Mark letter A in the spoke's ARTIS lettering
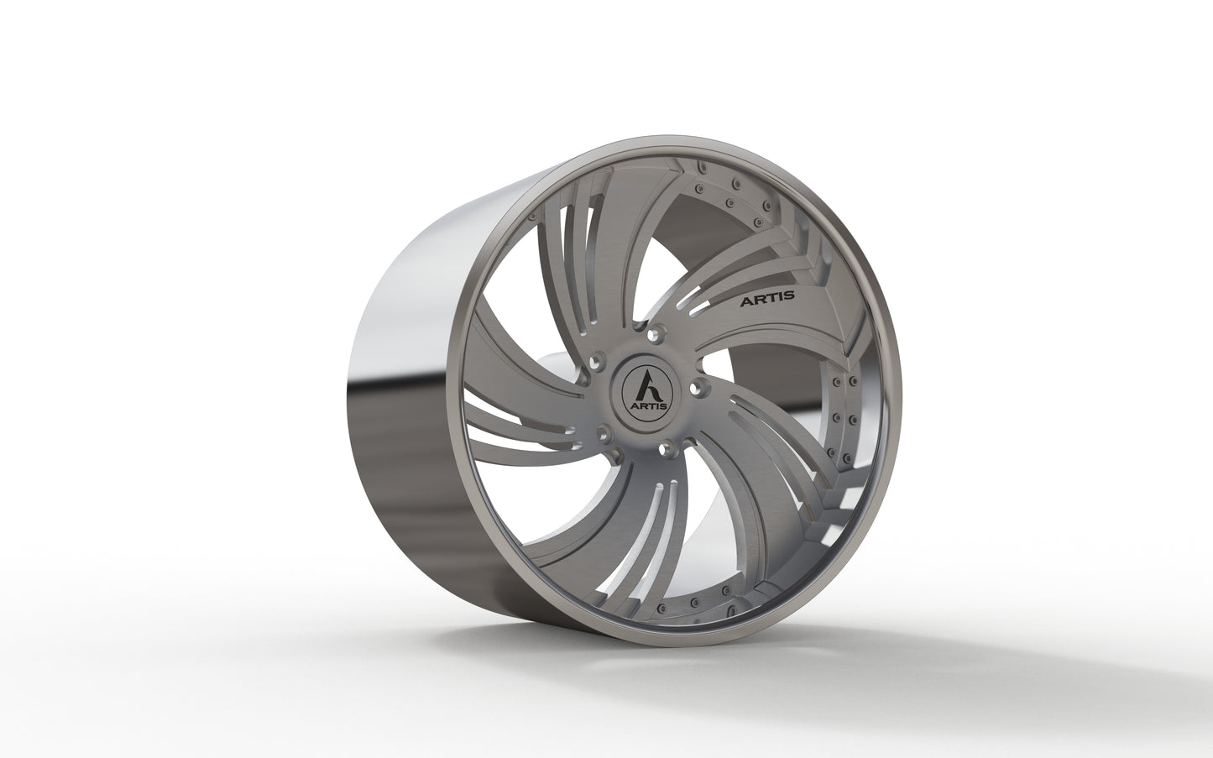coord(743,298)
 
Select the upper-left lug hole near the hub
coord(596,361)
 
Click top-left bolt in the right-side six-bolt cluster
coord(836,383)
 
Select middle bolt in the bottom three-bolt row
coord(696,603)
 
